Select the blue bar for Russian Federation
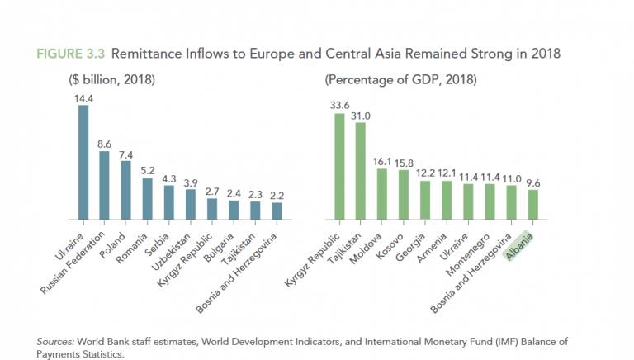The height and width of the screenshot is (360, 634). (104, 186)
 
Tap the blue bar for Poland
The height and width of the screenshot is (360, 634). (125, 191)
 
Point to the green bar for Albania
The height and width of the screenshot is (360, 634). (532, 206)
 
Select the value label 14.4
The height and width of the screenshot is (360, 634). (83, 98)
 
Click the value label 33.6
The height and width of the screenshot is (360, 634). (338, 106)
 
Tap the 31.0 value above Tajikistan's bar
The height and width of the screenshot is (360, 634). (360, 116)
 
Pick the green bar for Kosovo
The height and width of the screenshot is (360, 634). (403, 196)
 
